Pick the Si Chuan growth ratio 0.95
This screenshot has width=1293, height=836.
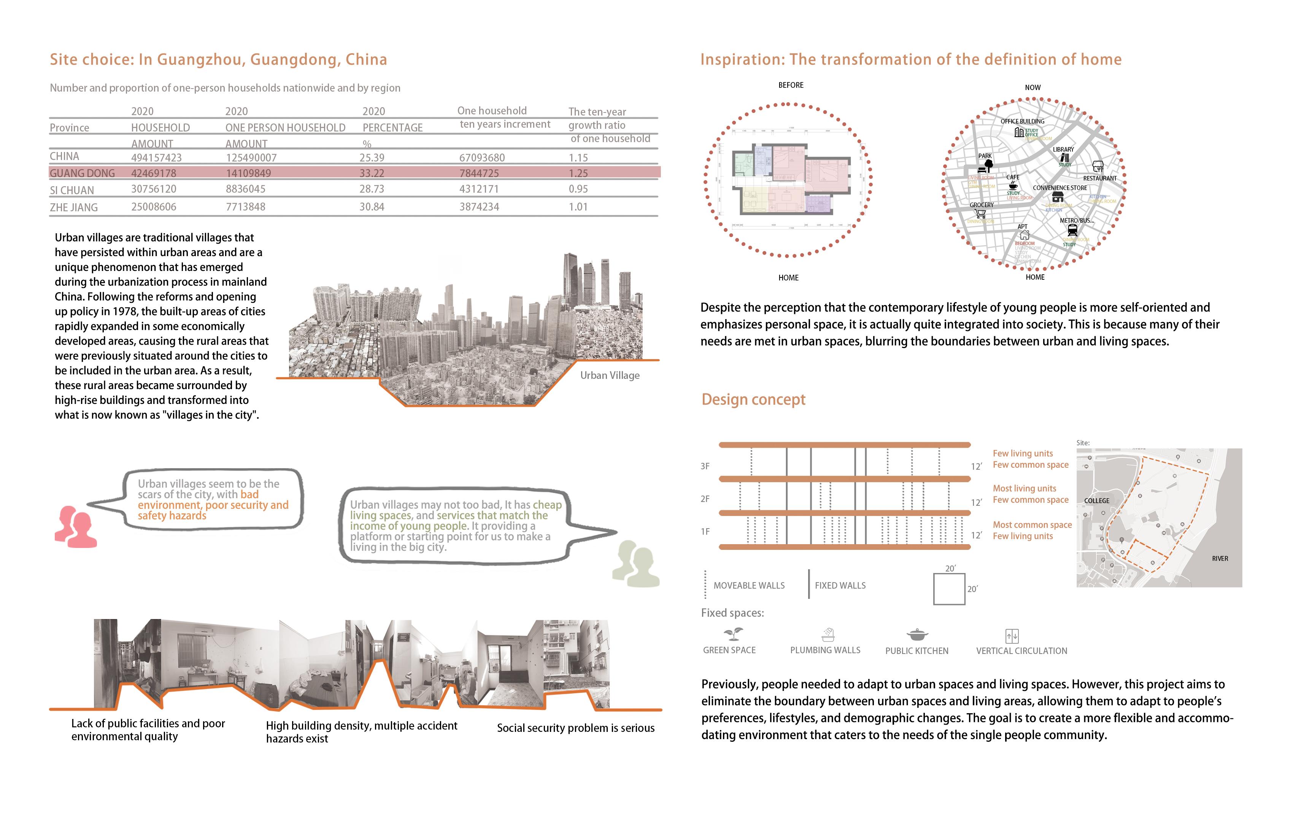(x=578, y=189)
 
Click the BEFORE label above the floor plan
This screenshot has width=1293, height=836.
(x=791, y=85)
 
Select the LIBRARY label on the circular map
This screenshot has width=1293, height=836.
(x=1063, y=149)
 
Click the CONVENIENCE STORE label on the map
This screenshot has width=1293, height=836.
(x=1060, y=188)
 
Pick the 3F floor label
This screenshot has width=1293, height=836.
(x=705, y=466)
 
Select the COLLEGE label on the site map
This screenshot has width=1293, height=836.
(x=1096, y=500)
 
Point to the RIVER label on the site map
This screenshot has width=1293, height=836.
(x=1220, y=559)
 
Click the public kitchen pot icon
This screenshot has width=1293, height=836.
(x=917, y=635)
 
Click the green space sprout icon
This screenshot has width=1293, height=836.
(x=733, y=633)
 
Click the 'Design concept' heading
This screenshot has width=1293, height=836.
(x=753, y=399)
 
